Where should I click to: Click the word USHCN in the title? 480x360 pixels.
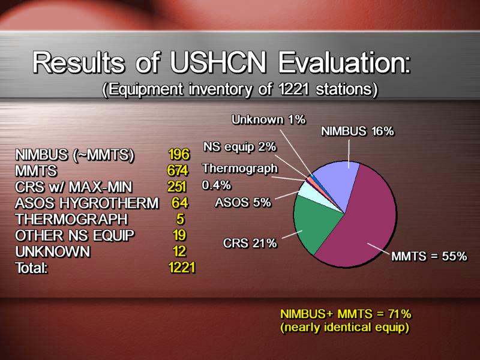click(218, 62)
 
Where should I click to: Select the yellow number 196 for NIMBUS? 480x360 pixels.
click(179, 154)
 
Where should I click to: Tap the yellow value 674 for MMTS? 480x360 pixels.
click(178, 170)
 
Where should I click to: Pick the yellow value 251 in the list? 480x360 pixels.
click(176, 187)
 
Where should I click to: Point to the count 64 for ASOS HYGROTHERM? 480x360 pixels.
click(179, 203)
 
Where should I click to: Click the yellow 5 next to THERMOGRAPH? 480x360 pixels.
click(180, 219)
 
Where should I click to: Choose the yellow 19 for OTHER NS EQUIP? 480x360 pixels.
click(179, 235)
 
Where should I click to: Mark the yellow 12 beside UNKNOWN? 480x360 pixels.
click(179, 251)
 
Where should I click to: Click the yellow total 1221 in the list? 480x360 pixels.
click(182, 267)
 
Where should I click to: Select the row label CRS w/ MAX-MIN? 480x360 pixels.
click(73, 187)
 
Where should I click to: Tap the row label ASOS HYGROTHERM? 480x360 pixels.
click(87, 203)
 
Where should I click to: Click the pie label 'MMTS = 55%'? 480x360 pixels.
click(429, 256)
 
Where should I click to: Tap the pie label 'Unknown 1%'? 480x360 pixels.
click(268, 119)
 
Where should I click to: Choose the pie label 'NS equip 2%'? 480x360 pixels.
click(239, 147)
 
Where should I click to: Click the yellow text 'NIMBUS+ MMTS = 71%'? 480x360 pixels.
click(346, 314)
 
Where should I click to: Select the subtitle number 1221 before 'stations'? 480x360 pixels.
click(295, 89)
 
